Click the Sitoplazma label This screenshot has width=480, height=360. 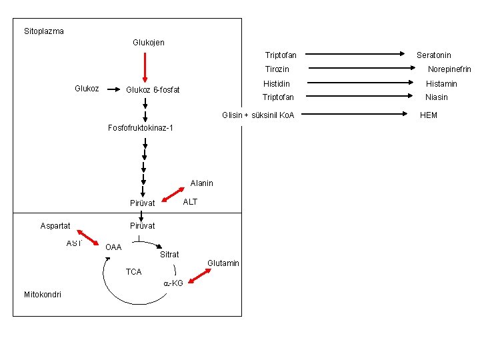click(x=44, y=31)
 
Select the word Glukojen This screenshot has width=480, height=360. click(x=149, y=43)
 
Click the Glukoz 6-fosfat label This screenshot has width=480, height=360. click(x=153, y=90)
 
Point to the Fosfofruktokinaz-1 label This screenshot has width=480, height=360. click(x=141, y=127)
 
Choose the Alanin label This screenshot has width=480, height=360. click(x=201, y=183)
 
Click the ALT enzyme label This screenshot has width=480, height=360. click(x=190, y=201)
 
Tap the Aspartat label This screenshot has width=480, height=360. click(x=55, y=226)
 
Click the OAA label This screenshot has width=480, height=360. click(x=113, y=247)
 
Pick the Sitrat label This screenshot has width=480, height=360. click(x=169, y=255)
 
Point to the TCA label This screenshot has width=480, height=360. click(x=134, y=272)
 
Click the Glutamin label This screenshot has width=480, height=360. click(x=223, y=263)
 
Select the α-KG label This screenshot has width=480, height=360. click(x=173, y=283)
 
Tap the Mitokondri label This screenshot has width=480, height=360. click(x=43, y=294)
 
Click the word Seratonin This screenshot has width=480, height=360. click(x=434, y=55)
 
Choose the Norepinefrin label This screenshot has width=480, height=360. click(x=449, y=69)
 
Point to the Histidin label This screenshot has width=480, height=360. click(x=277, y=84)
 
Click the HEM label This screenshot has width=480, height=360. click(x=429, y=115)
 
